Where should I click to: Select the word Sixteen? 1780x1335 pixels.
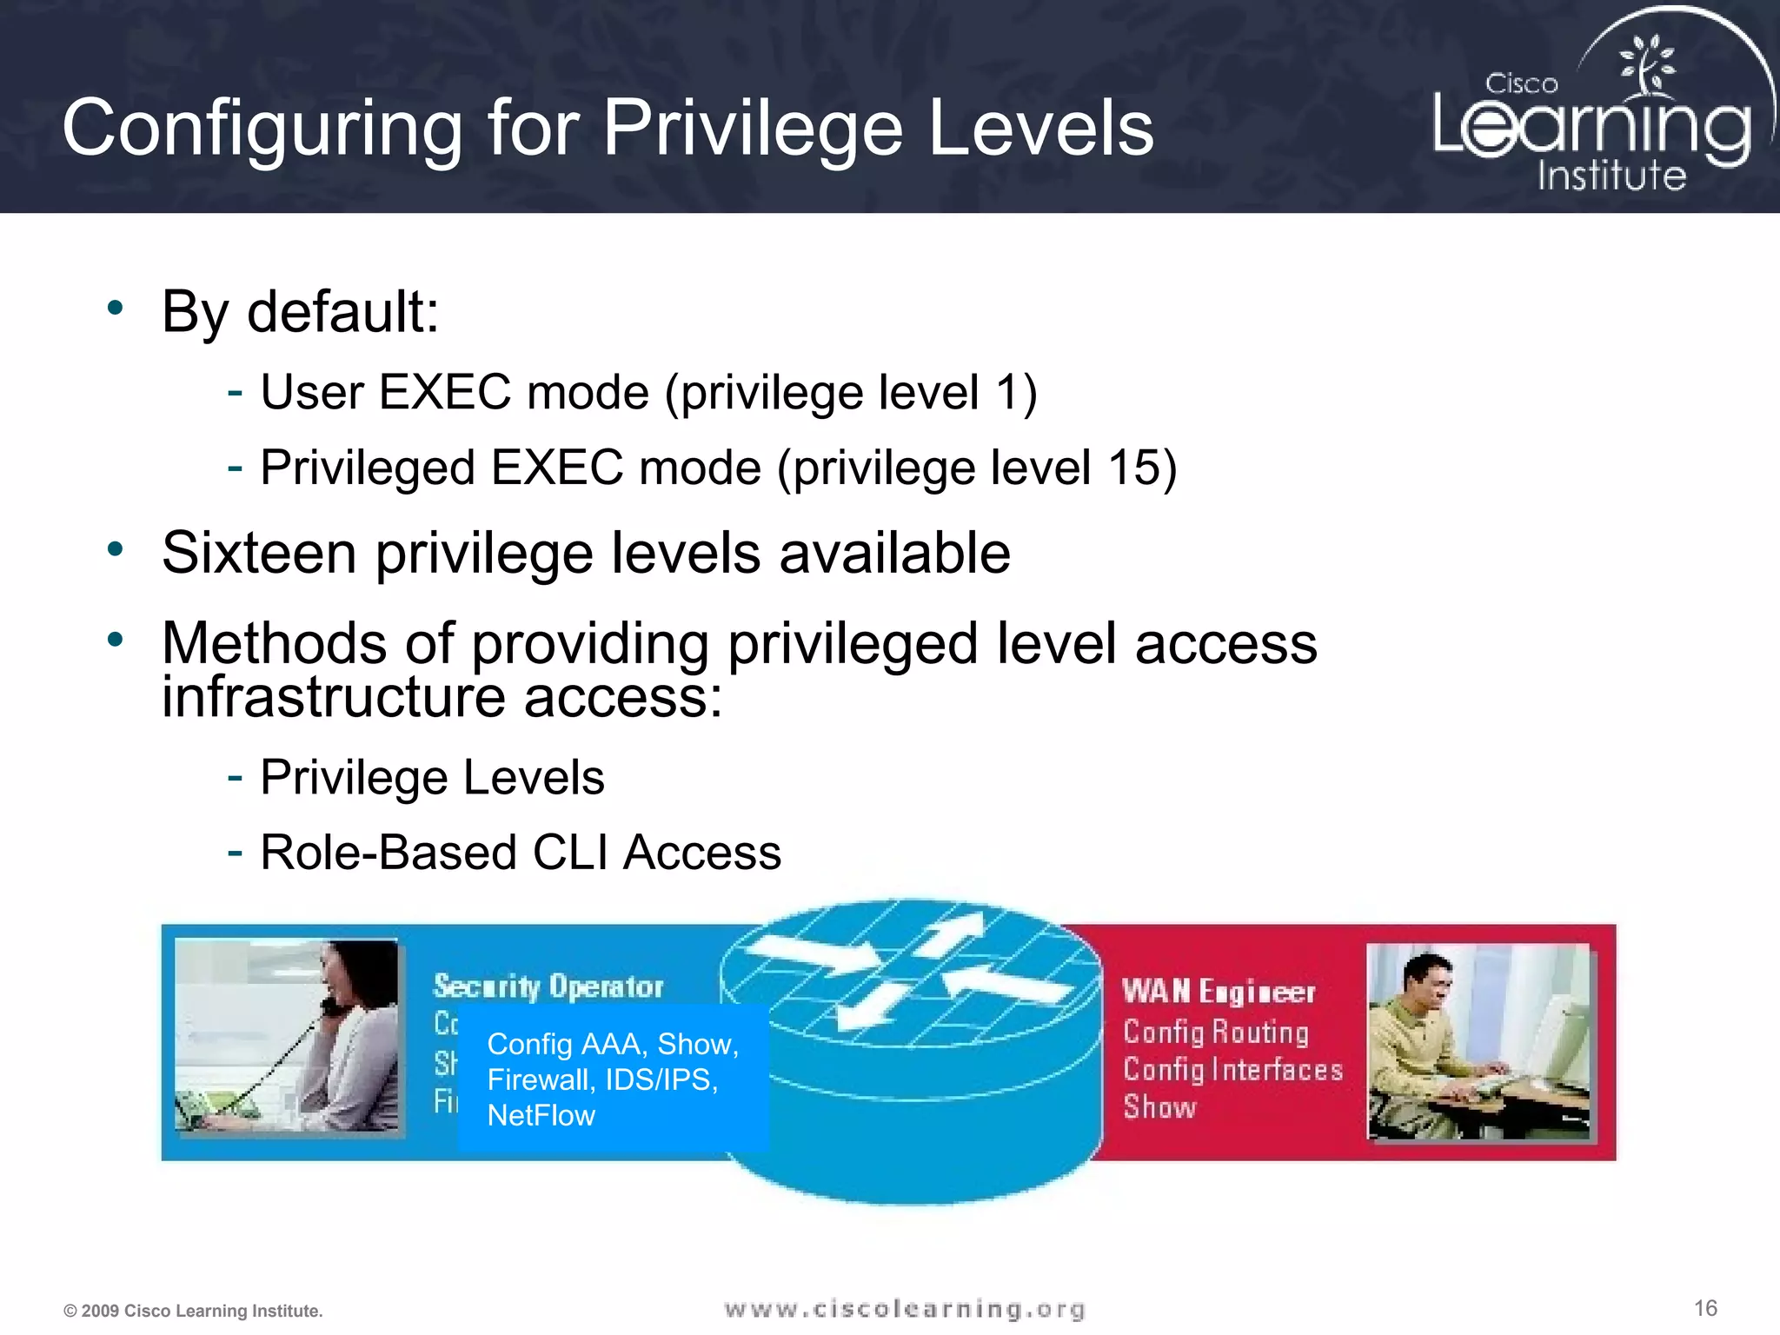pyautogui.click(x=259, y=553)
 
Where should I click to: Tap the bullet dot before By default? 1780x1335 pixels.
pyautogui.click(x=116, y=307)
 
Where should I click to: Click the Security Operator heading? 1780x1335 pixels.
pyautogui.click(x=548, y=986)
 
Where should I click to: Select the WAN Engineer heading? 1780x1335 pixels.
pyautogui.click(x=1219, y=992)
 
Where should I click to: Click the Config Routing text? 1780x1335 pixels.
pyautogui.click(x=1216, y=1032)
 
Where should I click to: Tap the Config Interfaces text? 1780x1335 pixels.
pyautogui.click(x=1232, y=1069)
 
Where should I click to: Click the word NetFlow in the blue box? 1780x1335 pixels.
pyautogui.click(x=541, y=1115)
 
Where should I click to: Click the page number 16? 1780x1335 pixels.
pyautogui.click(x=1705, y=1308)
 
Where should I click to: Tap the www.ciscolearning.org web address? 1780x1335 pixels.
pyautogui.click(x=905, y=1309)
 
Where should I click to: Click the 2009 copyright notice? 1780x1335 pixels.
pyautogui.click(x=193, y=1311)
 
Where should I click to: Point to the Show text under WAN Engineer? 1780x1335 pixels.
pyautogui.click(x=1159, y=1107)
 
